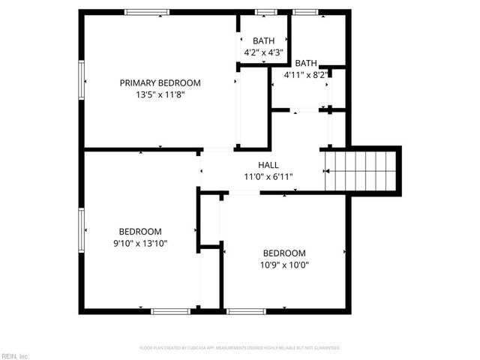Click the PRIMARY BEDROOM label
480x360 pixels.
160,83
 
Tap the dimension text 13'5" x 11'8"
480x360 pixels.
160,95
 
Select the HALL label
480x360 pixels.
268,165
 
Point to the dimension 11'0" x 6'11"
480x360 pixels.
268,177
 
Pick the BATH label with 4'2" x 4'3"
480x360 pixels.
263,40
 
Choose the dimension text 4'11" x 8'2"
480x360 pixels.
306,75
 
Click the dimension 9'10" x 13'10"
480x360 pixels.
141,243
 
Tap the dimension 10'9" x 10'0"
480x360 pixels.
284,264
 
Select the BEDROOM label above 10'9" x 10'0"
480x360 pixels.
284,253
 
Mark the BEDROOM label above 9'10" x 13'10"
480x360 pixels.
141,232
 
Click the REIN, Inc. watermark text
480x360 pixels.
15,355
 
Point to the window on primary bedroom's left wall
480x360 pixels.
82,82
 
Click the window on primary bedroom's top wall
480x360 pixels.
147,12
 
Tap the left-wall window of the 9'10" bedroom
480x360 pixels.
82,231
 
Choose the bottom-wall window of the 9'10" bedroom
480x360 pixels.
171,310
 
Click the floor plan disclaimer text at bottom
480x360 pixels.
240,348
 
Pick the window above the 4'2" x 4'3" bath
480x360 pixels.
263,12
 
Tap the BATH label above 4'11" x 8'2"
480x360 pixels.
306,63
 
